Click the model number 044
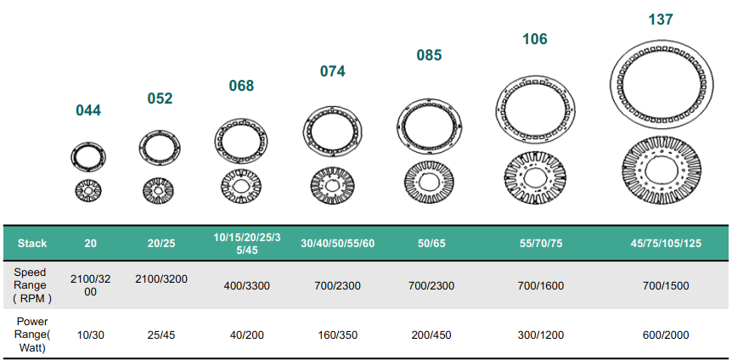[88, 110]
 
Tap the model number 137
[661, 20]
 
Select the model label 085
[429, 55]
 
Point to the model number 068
[241, 86]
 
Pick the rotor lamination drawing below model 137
[661, 170]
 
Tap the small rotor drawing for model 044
[88, 190]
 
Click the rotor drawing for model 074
[332, 185]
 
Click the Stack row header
[32, 244]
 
